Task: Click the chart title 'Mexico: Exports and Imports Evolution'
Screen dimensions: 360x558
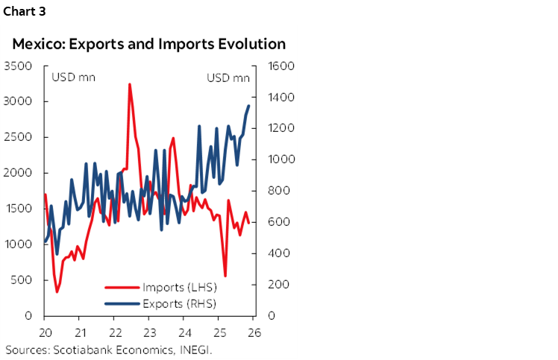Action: (x=148, y=44)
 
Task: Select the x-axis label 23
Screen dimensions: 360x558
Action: (x=149, y=332)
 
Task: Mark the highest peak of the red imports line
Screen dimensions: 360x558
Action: (x=130, y=84)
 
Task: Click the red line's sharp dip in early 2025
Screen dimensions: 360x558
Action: (x=225, y=276)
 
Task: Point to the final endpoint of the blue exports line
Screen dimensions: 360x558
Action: (x=249, y=106)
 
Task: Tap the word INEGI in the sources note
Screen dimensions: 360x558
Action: (x=195, y=349)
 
